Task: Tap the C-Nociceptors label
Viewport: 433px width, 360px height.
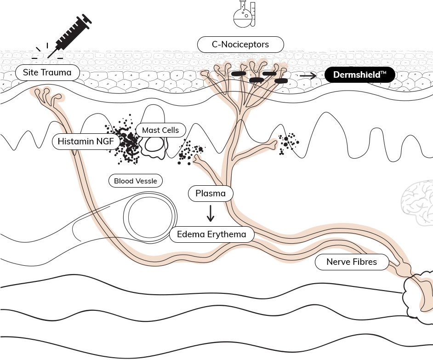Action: pyautogui.click(x=240, y=45)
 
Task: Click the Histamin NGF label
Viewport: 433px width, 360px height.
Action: pyautogui.click(x=85, y=142)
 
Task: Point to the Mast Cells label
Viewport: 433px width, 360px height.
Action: pyautogui.click(x=160, y=130)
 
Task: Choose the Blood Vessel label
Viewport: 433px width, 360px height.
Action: pyautogui.click(x=136, y=181)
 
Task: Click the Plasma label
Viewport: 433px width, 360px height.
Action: pyautogui.click(x=211, y=194)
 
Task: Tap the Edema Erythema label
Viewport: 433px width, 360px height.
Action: pyautogui.click(x=211, y=234)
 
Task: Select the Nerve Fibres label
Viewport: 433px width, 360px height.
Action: pyautogui.click(x=352, y=262)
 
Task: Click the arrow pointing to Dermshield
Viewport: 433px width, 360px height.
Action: pyautogui.click(x=308, y=75)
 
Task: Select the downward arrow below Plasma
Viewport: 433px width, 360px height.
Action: pyautogui.click(x=211, y=213)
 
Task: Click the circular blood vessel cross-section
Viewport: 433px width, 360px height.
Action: pyautogui.click(x=150, y=217)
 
